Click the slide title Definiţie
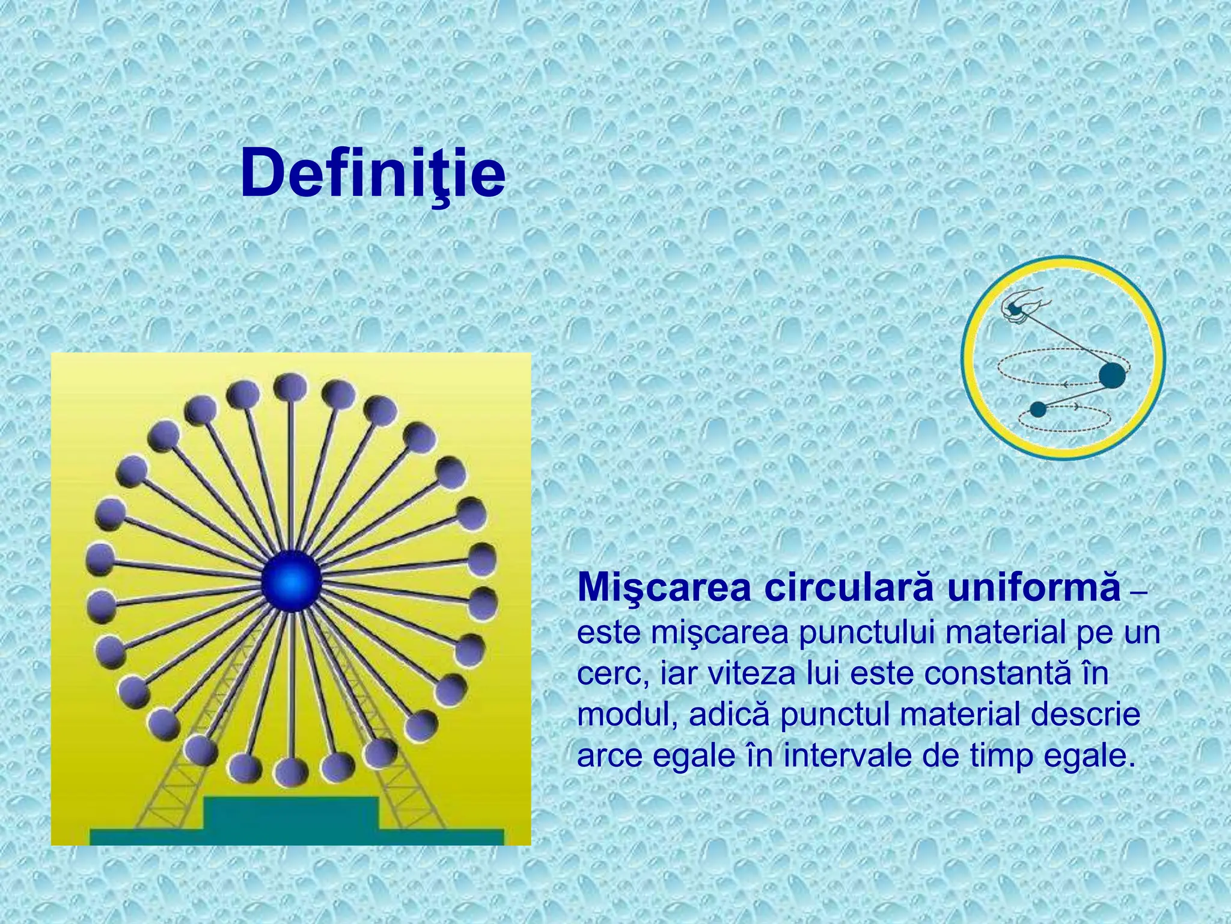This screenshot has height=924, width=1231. pos(373,173)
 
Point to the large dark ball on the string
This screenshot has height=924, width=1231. pos(1112,375)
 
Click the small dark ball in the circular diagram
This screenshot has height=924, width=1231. pos(1038,409)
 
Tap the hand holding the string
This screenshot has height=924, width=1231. pos(1022,307)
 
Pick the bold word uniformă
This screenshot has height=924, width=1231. pos(1033,588)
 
